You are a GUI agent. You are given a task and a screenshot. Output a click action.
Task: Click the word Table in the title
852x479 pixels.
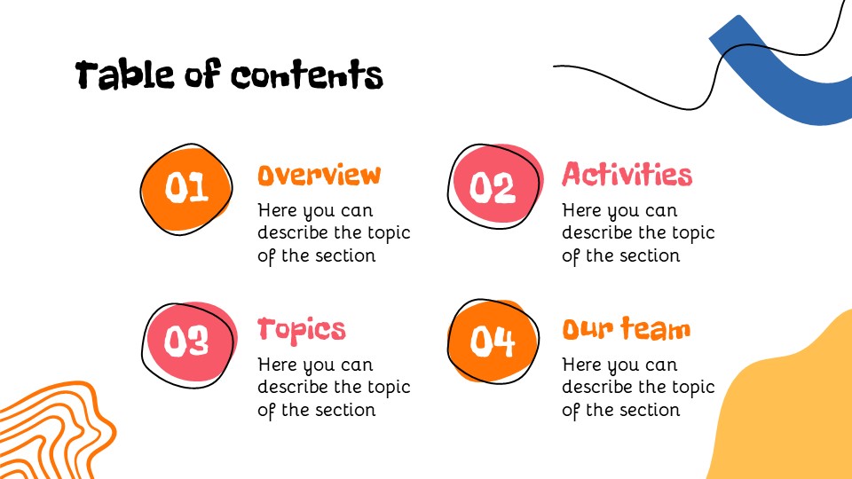[125, 75]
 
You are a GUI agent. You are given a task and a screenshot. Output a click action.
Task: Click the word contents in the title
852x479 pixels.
[307, 76]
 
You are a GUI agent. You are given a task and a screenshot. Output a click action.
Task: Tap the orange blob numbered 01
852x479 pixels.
[186, 187]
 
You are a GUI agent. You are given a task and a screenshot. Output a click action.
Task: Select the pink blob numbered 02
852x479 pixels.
[493, 187]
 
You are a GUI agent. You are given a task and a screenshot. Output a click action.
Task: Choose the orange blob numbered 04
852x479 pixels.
[493, 342]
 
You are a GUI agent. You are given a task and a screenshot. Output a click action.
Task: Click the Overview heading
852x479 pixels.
[319, 175]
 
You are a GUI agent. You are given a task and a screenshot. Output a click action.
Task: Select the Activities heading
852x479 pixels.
[627, 174]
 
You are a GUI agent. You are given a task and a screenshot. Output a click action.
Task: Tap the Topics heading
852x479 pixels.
[302, 330]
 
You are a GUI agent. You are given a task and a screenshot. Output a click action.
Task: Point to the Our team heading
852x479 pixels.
[626, 329]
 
